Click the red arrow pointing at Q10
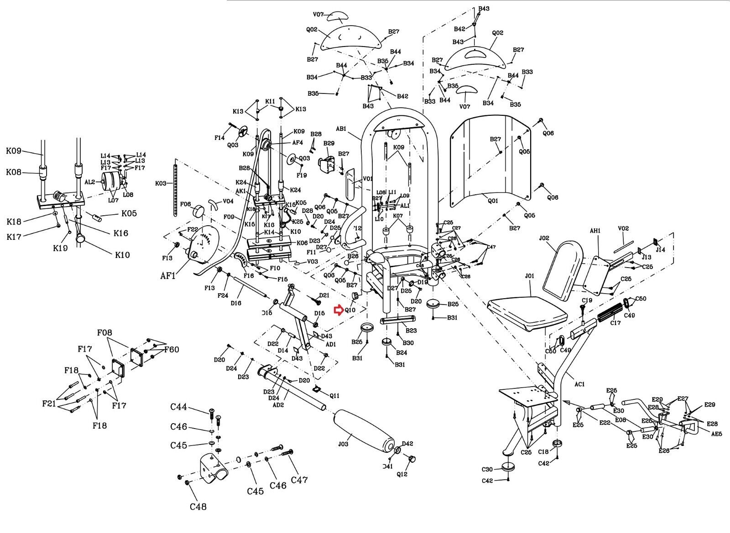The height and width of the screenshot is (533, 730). tap(338, 310)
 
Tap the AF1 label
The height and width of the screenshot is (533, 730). tap(168, 276)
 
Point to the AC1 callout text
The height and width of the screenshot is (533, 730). tap(579, 384)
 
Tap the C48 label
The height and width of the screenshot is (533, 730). tap(198, 507)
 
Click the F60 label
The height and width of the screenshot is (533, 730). tap(172, 350)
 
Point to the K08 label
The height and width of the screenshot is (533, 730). tap(13, 172)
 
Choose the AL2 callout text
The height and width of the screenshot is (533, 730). tap(89, 181)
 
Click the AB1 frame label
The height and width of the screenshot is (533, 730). tap(341, 129)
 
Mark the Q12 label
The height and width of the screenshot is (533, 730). tap(402, 474)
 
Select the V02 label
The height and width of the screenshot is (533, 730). tap(623, 228)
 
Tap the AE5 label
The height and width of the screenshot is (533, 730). tap(716, 434)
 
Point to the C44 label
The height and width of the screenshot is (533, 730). tap(179, 407)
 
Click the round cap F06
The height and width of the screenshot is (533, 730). tap(199, 212)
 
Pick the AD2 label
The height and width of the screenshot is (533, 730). tap(278, 405)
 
